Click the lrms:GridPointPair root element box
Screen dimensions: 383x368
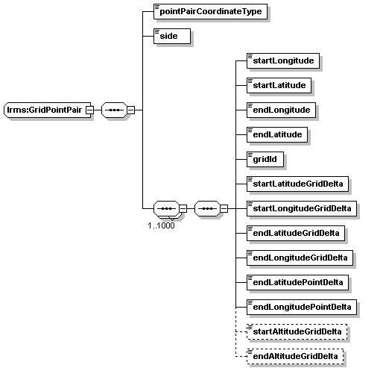[47, 110]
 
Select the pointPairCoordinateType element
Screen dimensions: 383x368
[210, 11]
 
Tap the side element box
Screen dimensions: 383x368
[172, 36]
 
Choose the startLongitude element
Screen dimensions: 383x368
[283, 60]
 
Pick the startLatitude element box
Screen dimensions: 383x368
[279, 85]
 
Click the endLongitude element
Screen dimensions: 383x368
[281, 110]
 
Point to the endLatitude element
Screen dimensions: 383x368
[277, 134]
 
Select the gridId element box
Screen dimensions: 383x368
[265, 159]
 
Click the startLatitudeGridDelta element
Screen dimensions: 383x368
[297, 184]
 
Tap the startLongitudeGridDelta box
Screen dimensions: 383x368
[302, 208]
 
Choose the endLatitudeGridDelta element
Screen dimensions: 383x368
[296, 233]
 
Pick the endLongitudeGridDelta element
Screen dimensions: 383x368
[300, 258]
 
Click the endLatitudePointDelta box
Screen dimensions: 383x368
[297, 282]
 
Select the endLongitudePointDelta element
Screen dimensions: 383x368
[302, 307]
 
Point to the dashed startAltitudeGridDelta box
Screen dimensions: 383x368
[297, 331]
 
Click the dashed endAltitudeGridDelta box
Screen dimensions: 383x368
[295, 356]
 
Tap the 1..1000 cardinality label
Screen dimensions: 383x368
[161, 225]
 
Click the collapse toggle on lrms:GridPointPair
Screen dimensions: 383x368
[89, 110]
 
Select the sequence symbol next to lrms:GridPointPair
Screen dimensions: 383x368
[114, 110]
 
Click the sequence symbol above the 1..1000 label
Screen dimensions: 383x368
[166, 208]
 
